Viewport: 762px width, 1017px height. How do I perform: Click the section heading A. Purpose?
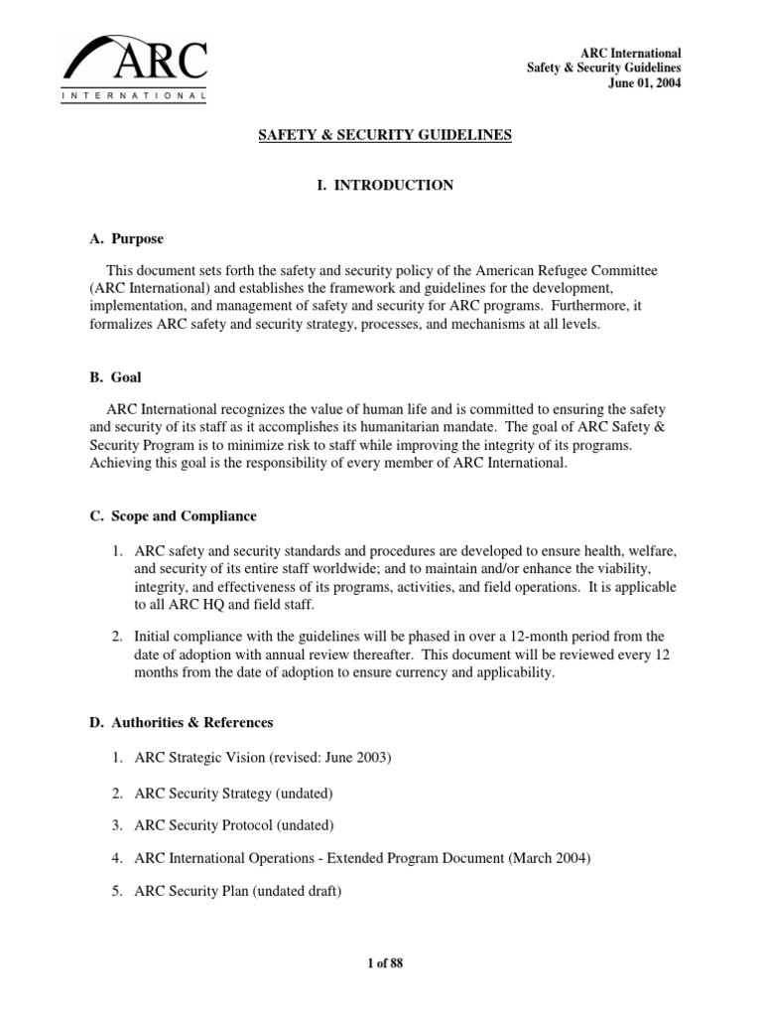coord(127,239)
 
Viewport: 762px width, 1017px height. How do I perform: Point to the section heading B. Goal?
coord(116,377)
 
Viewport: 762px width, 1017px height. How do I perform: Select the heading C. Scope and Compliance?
coord(173,516)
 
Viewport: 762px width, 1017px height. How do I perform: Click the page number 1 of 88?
coord(381,963)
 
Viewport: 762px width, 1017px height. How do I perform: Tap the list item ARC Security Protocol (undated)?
coord(235,825)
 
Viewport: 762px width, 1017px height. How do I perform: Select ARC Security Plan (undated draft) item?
coord(238,892)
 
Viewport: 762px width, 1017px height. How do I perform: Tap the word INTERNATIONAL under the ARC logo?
coord(134,96)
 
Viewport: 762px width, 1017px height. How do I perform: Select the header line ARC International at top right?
coord(630,52)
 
